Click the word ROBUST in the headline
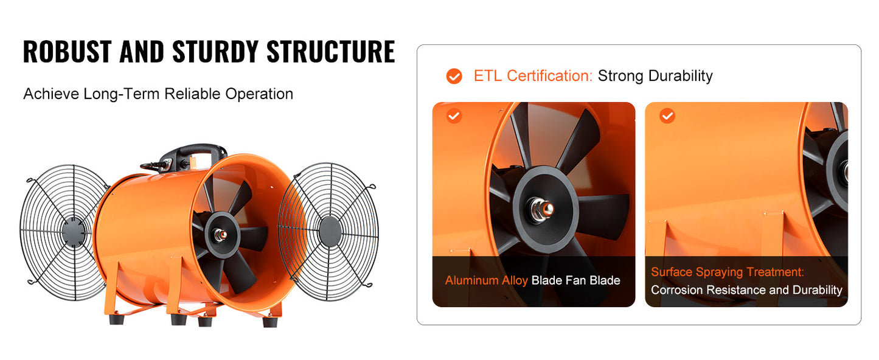67,52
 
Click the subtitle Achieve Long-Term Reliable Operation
158,94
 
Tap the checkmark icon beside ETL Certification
454,76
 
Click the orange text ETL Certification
533,76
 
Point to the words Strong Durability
655,76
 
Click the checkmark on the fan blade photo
454,116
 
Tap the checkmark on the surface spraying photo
667,116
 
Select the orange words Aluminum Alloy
486,280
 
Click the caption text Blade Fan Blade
575,280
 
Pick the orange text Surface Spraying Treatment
728,272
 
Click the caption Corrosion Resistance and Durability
746,290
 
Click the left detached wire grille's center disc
73,232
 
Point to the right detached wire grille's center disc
330,232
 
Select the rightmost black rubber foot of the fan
269,320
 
